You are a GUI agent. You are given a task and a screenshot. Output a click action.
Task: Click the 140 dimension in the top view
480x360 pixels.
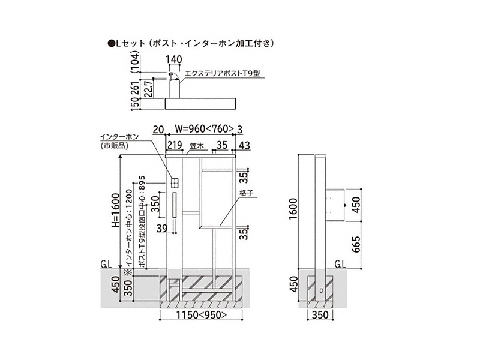click(x=174, y=59)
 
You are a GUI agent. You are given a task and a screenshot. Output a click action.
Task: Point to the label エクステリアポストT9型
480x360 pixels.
click(x=223, y=73)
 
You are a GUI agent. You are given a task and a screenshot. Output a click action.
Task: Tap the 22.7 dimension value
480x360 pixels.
click(x=149, y=89)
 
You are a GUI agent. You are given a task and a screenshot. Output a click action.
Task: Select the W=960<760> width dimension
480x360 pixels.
click(x=204, y=129)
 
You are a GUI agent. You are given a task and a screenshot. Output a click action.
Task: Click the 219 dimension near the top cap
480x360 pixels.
click(x=175, y=145)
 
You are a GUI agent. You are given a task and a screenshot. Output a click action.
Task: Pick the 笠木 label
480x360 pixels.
click(x=197, y=146)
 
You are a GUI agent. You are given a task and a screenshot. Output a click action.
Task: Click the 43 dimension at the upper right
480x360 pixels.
click(x=244, y=145)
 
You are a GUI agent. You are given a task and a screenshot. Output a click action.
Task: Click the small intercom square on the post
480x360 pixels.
click(x=175, y=183)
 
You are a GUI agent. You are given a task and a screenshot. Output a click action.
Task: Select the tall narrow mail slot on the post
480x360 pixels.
click(x=175, y=205)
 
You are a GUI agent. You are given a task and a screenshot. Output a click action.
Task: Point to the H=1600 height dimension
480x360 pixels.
click(x=115, y=209)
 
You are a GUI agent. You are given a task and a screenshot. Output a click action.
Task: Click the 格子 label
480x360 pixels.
click(x=247, y=193)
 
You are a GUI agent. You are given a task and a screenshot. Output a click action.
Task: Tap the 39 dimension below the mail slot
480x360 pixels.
click(x=162, y=228)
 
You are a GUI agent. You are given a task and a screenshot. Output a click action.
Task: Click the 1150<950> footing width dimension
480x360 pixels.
click(x=201, y=314)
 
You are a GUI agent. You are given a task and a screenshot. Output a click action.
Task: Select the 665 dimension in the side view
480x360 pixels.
click(x=356, y=244)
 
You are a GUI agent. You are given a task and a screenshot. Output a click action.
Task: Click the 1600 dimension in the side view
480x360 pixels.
click(x=293, y=209)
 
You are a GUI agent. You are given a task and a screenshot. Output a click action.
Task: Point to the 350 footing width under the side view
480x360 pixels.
click(x=320, y=314)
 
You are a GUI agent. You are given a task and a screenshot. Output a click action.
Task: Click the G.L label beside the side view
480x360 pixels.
click(x=340, y=264)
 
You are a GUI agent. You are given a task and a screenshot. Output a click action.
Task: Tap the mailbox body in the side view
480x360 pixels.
click(x=335, y=205)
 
